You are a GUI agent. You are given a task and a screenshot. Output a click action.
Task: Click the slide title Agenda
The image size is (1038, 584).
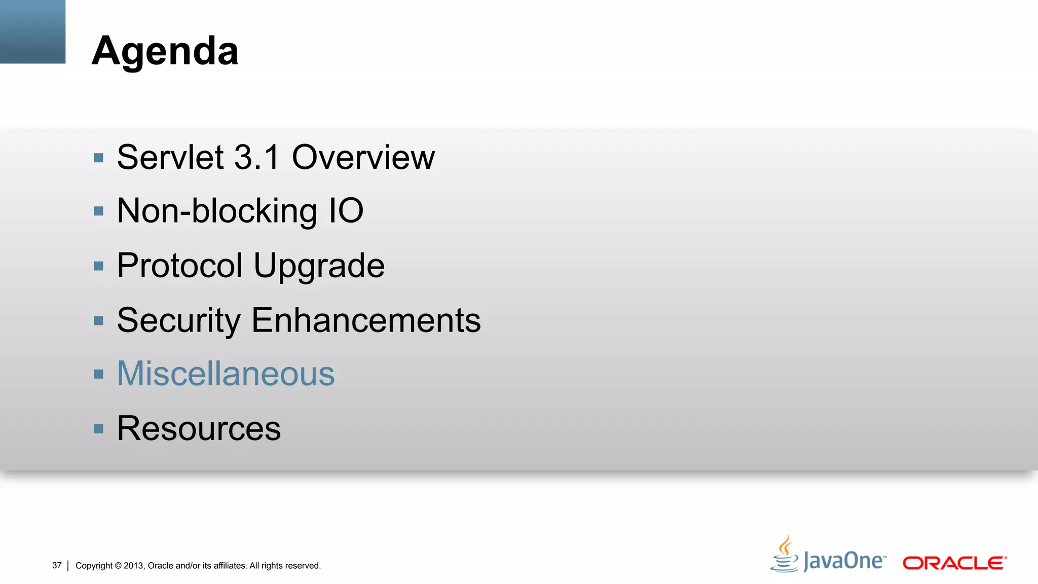165,51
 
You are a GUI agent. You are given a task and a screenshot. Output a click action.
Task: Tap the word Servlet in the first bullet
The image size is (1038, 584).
170,157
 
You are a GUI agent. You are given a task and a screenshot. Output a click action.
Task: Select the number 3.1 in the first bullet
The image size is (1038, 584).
257,157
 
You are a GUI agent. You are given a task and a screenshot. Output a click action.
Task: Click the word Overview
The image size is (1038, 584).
363,157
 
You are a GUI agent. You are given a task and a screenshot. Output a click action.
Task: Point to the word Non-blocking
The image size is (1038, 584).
217,211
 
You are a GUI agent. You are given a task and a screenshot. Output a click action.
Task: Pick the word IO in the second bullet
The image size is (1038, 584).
346,210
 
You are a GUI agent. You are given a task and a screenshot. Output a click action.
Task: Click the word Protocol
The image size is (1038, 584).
180,265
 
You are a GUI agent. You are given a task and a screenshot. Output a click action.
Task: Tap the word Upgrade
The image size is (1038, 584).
319,266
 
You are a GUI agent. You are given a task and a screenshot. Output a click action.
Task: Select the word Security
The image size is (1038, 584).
178,320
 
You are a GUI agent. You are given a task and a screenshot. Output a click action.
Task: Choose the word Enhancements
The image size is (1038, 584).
366,320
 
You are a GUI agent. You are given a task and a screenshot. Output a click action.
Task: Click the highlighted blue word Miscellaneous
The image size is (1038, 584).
226,374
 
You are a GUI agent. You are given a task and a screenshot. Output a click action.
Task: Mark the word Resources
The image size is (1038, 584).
199,428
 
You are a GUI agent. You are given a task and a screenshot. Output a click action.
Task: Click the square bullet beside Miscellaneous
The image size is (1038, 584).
98,375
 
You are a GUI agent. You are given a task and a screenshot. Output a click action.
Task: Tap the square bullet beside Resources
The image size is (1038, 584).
98,429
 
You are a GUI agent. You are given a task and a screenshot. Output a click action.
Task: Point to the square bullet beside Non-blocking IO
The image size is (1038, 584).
98,211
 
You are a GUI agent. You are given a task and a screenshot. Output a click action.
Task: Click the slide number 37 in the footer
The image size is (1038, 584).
57,565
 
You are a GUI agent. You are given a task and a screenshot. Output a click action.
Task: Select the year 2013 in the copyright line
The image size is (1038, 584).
133,566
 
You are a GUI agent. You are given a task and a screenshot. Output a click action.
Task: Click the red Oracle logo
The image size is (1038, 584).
954,563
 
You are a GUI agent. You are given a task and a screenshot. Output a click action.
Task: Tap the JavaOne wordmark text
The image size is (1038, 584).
844,561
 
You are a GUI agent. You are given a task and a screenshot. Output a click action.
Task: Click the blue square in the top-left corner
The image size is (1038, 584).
32,31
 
